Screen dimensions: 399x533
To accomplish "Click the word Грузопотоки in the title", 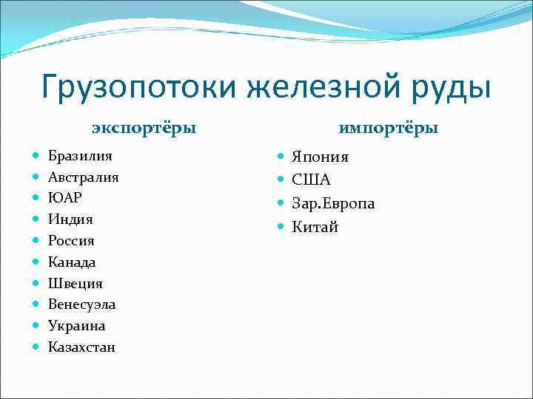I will tap(138, 86).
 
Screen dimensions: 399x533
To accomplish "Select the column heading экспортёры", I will tap(144, 128).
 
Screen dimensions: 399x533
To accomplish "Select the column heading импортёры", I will tap(389, 128).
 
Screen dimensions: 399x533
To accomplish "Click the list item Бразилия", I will tap(81, 156).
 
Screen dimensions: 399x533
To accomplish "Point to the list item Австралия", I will tap(84, 177).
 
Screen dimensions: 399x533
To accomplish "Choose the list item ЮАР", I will tap(65, 198).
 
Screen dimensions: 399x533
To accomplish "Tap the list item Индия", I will tap(70, 219).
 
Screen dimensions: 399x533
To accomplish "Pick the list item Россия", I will tap(71, 241).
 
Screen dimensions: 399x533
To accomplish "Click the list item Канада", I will tap(72, 262).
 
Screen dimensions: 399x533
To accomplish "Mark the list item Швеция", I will tap(76, 284).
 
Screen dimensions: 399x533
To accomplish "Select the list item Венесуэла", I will tap(82, 304).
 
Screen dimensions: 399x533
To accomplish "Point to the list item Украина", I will tap(77, 326).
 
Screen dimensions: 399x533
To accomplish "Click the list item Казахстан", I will tap(82, 347).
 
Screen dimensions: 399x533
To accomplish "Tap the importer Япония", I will tap(321, 157).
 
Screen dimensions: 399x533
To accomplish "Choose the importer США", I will tap(311, 180).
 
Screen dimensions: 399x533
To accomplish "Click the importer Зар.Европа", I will tap(333, 204).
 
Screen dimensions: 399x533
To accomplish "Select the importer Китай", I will tap(315, 228).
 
